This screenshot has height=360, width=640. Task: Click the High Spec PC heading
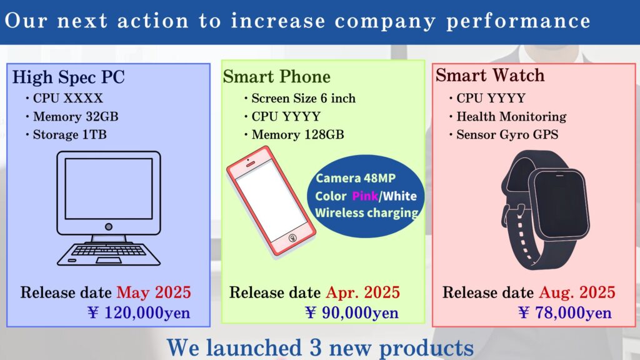point(68,77)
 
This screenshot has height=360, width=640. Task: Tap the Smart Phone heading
point(276,77)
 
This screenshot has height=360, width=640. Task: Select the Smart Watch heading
point(490,75)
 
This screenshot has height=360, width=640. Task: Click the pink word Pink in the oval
point(365,196)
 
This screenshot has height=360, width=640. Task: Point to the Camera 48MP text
point(356,178)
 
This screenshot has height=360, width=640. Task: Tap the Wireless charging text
point(366,213)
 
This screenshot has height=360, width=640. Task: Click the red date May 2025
point(154,292)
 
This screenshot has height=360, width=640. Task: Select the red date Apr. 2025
point(363,292)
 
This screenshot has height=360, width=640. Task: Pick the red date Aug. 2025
point(577,292)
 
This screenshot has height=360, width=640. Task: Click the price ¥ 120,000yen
point(139,313)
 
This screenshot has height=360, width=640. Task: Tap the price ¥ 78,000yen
point(565,313)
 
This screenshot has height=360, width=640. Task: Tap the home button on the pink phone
point(292,238)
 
